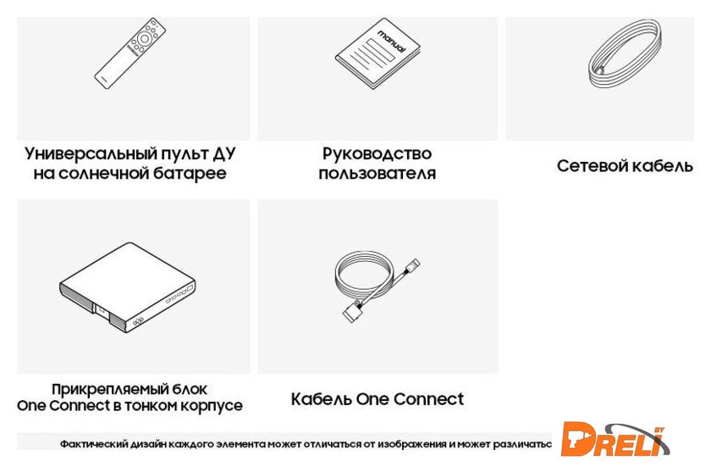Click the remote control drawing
point(130,53)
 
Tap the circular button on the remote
point(144,39)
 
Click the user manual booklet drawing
point(378,53)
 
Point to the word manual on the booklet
point(392,42)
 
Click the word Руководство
point(378,153)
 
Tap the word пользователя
point(378,173)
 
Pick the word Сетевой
point(591,165)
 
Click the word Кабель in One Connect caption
point(322,399)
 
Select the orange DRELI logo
point(616,439)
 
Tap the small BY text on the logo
point(659,429)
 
